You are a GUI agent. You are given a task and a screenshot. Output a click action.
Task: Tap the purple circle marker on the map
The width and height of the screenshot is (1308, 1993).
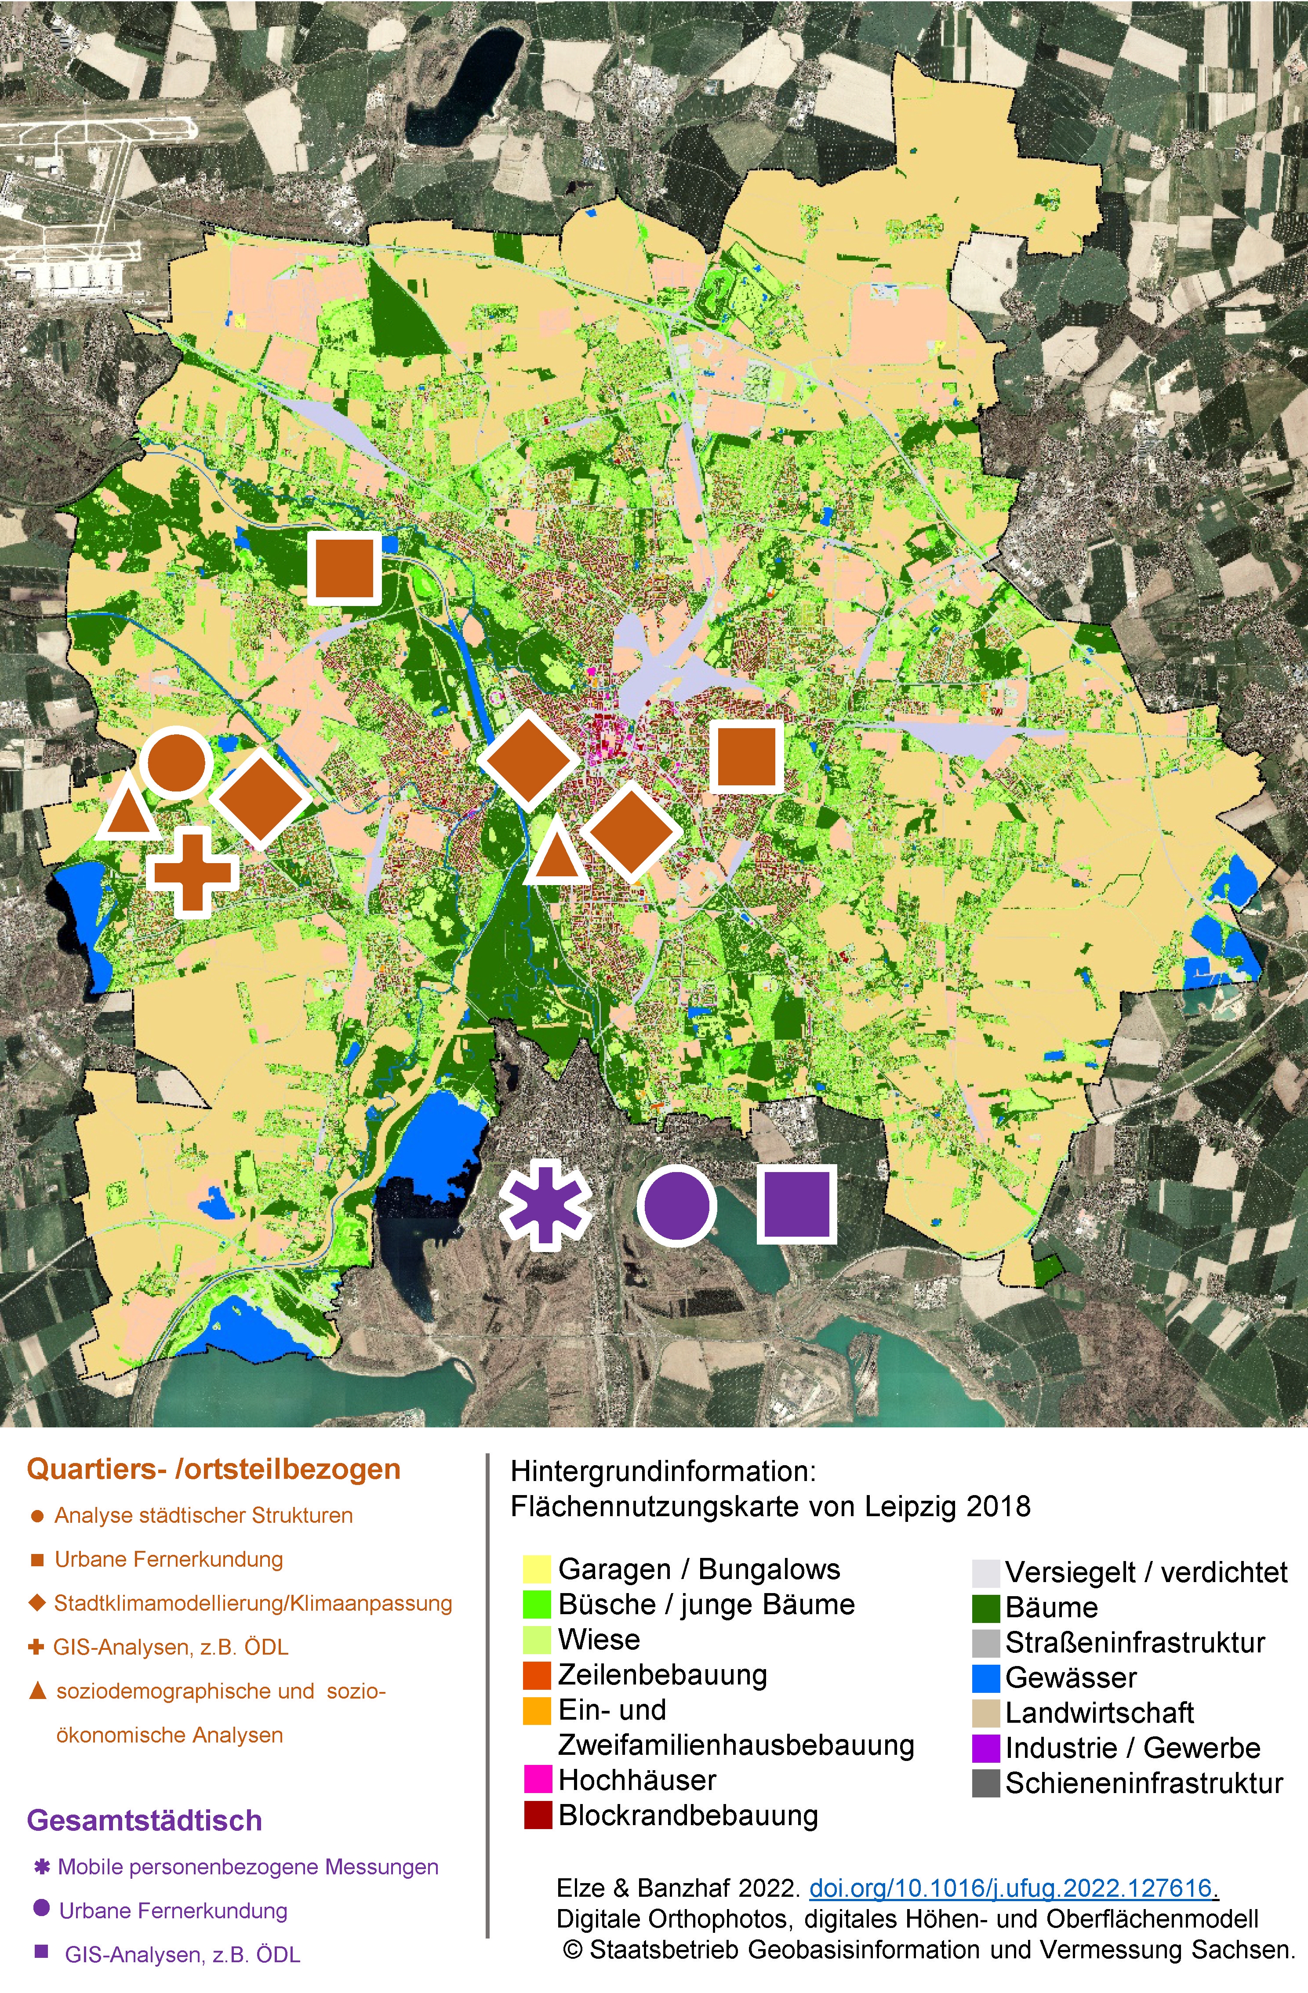pos(676,1206)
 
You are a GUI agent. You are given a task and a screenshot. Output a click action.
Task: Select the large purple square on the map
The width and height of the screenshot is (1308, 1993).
pos(796,1203)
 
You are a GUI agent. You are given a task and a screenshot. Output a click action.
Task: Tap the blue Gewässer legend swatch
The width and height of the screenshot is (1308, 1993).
pos(985,1677)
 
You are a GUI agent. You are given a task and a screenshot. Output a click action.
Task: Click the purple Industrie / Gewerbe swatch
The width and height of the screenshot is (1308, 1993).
pos(985,1748)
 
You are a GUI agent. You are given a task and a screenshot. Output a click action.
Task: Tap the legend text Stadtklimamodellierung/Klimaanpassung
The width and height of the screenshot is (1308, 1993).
pos(253,1603)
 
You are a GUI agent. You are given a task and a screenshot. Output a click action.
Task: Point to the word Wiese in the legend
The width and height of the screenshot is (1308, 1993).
pos(599,1639)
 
